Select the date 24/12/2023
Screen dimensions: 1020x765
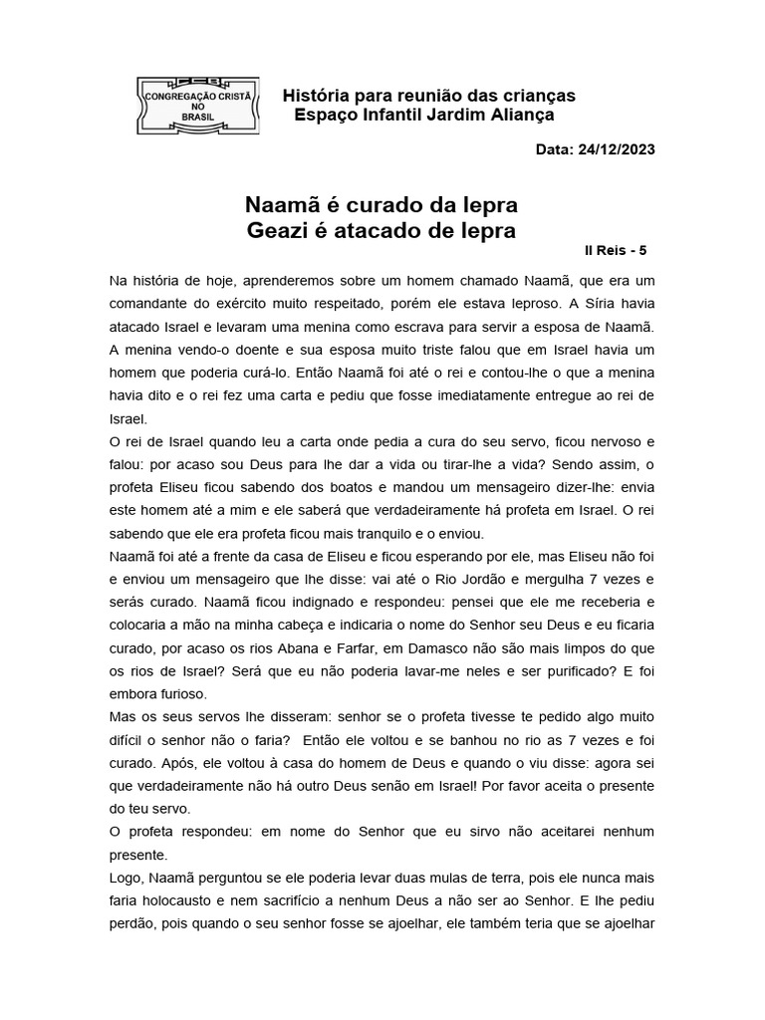tap(618, 149)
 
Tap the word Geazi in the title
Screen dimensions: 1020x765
tap(276, 232)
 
